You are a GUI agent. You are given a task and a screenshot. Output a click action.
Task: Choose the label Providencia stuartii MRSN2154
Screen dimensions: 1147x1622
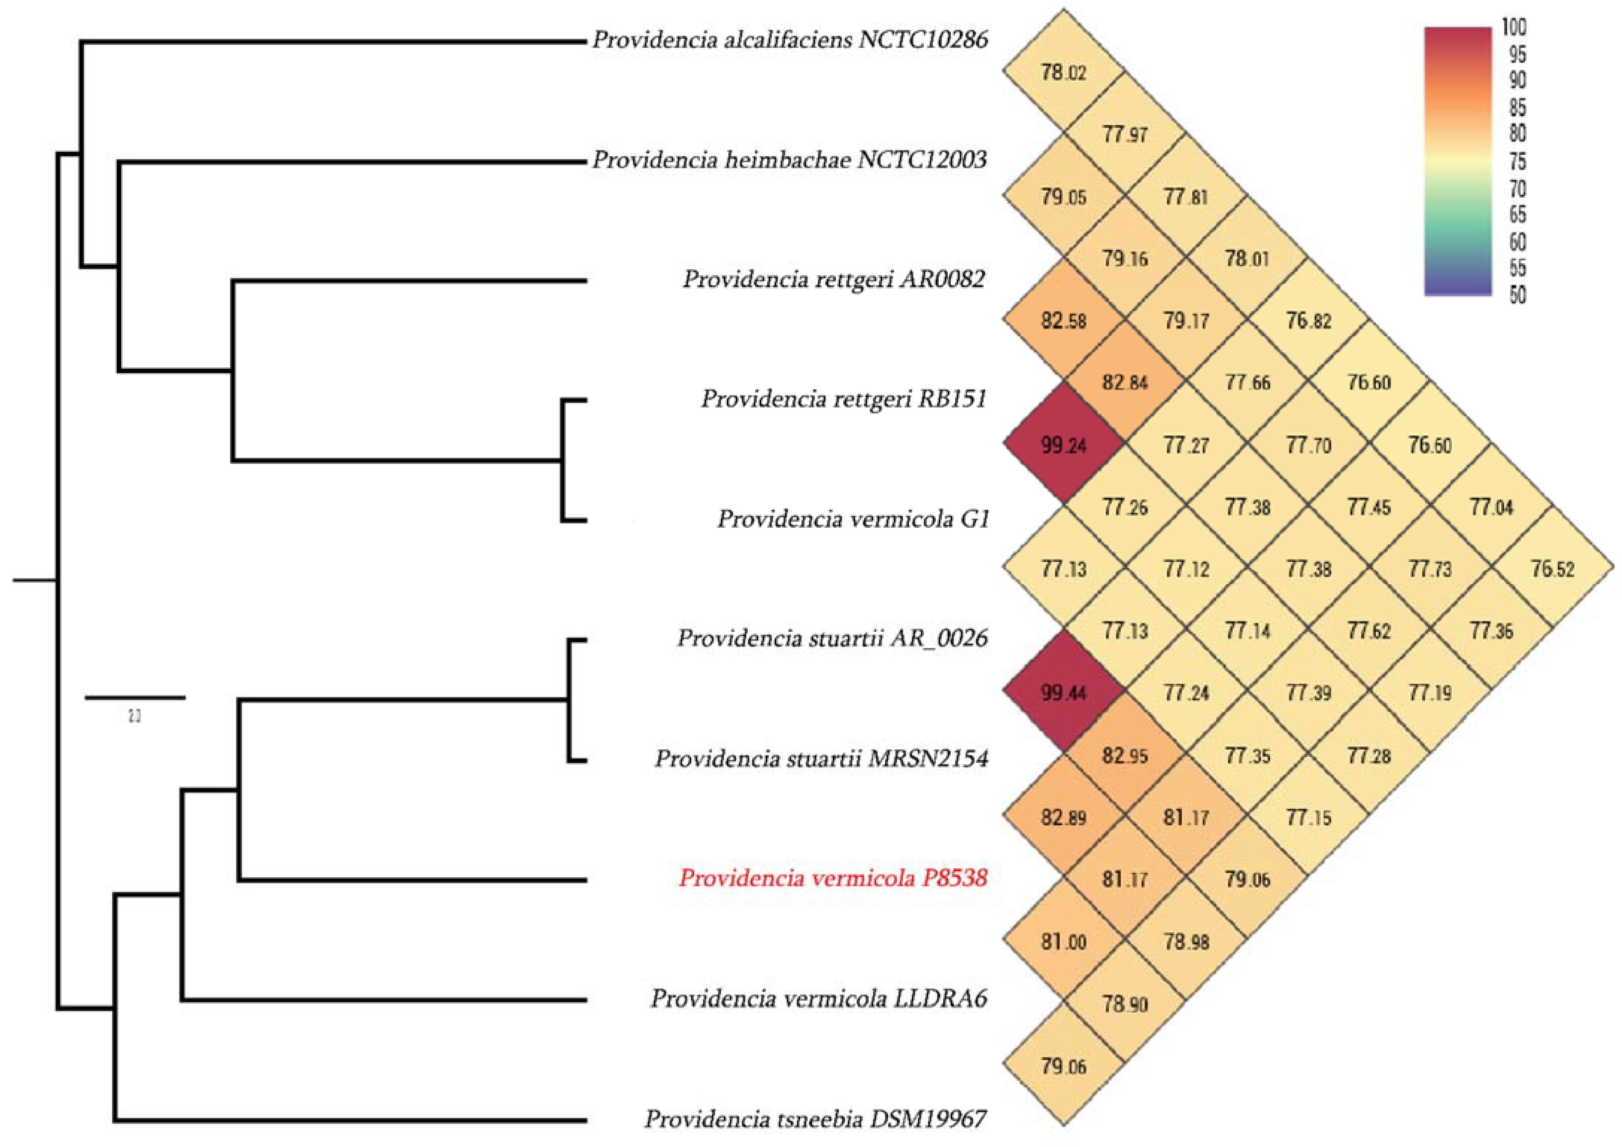coord(821,758)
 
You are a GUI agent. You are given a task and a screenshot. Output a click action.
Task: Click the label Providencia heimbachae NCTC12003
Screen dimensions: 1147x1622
coord(789,160)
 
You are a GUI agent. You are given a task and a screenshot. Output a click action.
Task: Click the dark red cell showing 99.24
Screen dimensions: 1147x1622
coord(1063,445)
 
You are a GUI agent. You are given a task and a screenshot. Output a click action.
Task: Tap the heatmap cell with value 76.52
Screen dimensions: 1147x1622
coord(1553,569)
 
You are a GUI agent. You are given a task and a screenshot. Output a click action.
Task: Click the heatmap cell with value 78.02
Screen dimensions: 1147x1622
coord(1063,72)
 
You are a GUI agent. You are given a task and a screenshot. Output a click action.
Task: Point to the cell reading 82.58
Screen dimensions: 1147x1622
coord(1063,321)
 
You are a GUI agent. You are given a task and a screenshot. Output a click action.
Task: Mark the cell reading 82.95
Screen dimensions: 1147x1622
coord(1125,756)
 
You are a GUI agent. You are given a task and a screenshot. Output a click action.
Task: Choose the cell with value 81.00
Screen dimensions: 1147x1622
coord(1063,942)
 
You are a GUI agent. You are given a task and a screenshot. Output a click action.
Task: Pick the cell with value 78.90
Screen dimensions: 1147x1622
coord(1125,1004)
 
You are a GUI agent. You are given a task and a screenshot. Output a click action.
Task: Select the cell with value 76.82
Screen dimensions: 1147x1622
coord(1308,321)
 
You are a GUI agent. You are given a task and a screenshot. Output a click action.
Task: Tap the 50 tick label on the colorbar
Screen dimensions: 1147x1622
coord(1517,295)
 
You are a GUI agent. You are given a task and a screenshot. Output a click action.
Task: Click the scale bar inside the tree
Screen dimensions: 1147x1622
coord(135,698)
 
